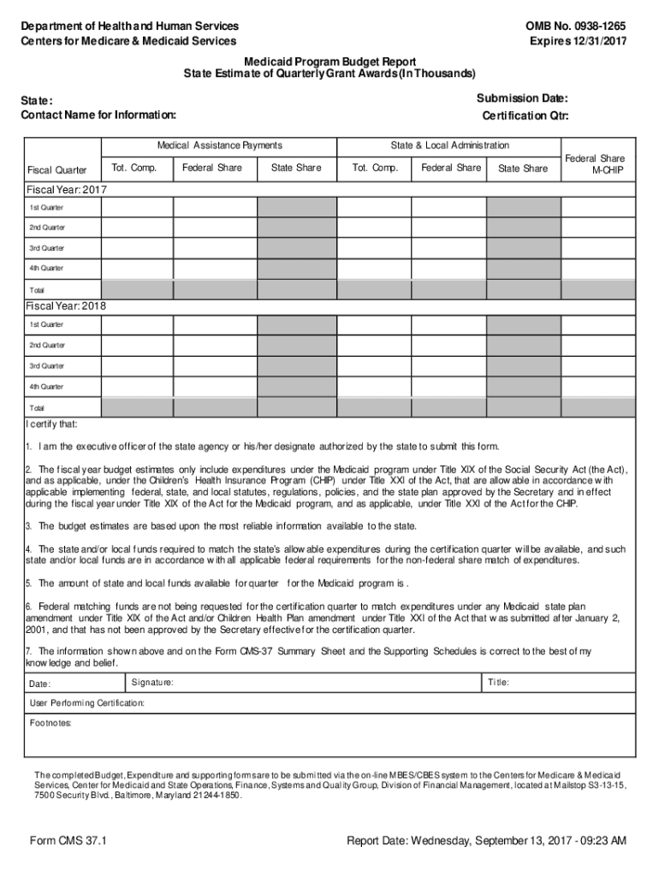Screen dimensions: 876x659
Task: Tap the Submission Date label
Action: click(x=522, y=99)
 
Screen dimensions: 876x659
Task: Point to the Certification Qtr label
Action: click(x=525, y=115)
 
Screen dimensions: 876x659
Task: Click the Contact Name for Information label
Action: click(x=98, y=115)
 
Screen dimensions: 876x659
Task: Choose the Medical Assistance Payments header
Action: click(x=219, y=145)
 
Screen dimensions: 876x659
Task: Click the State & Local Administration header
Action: click(x=449, y=145)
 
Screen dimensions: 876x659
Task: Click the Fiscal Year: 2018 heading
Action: click(x=66, y=305)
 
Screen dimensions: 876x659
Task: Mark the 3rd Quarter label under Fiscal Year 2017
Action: click(x=47, y=248)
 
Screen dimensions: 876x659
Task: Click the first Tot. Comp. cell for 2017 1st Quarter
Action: click(x=137, y=207)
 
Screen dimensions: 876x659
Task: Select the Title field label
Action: click(x=498, y=683)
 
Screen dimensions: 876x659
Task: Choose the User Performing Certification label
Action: click(x=86, y=702)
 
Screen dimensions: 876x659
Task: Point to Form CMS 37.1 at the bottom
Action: click(x=68, y=841)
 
